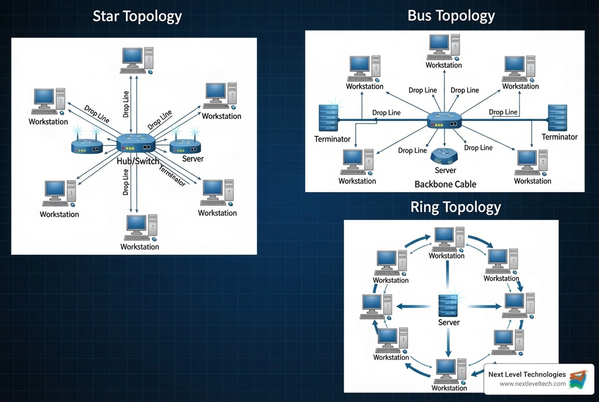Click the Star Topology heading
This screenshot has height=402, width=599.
pyautogui.click(x=137, y=17)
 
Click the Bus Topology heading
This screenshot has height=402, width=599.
pyautogui.click(x=451, y=16)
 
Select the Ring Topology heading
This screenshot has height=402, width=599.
pyautogui.click(x=455, y=207)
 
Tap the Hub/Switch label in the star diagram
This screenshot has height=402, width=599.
pyautogui.click(x=138, y=161)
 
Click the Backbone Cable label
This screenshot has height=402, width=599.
pyautogui.click(x=445, y=184)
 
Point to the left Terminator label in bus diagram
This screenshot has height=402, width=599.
pyautogui.click(x=332, y=139)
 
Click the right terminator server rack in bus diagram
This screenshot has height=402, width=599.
pyautogui.click(x=557, y=118)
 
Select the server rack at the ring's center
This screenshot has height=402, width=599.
pyautogui.click(x=448, y=305)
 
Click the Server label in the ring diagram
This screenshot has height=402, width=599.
pyautogui.click(x=448, y=322)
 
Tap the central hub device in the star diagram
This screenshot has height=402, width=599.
pyautogui.click(x=136, y=144)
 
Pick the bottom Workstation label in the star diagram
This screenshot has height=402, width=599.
pyautogui.click(x=139, y=247)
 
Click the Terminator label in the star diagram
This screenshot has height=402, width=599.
pyautogui.click(x=172, y=175)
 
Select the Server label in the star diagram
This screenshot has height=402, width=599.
pyautogui.click(x=192, y=159)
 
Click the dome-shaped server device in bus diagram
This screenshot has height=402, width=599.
pyautogui.click(x=445, y=155)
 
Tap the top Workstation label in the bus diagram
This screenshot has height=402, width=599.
pyautogui.click(x=444, y=65)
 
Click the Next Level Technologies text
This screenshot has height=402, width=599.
pyautogui.click(x=527, y=375)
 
